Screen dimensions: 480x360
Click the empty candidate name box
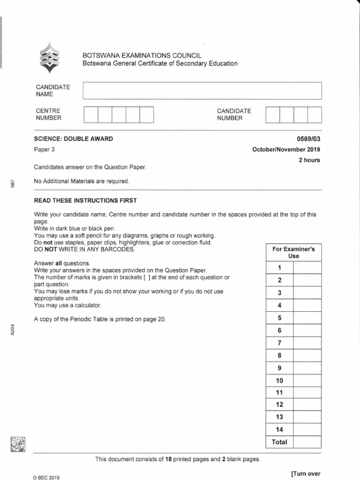tap(202, 91)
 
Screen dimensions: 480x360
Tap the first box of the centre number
tap(91, 115)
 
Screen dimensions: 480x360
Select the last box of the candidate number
tap(315, 115)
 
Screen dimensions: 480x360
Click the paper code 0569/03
tap(308, 139)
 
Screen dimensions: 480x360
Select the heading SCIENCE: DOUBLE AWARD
tap(73, 139)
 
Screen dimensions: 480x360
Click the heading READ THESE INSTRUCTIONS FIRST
tap(85, 201)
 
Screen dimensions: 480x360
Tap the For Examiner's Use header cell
tap(293, 253)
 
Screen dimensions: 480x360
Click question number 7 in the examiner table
tap(279, 343)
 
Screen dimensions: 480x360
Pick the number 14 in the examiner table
tap(279, 429)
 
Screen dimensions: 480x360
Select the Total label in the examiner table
tap(279, 442)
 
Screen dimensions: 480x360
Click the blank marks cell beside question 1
tap(307, 268)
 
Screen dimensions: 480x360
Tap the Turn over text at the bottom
tap(306, 473)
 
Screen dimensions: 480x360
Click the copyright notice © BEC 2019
tap(47, 478)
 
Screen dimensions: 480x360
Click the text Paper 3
tap(45, 150)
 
